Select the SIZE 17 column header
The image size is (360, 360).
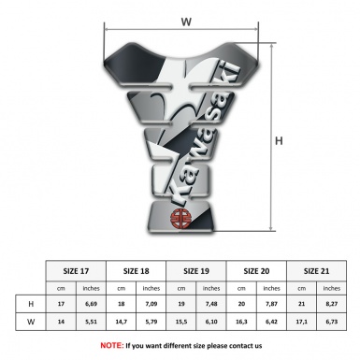coord(77,268)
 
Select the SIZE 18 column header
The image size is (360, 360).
coord(137,268)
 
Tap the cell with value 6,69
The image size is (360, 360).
coord(91,305)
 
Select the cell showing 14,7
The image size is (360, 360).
coord(121,322)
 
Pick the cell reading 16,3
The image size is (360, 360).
coord(241,322)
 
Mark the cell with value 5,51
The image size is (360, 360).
coord(91,322)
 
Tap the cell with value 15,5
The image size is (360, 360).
coord(181,322)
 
